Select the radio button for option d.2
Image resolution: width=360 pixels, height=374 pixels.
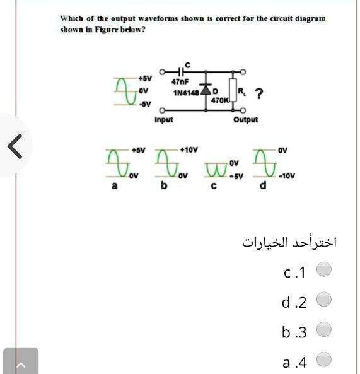tap(323, 300)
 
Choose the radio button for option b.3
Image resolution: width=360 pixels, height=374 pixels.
tap(323, 329)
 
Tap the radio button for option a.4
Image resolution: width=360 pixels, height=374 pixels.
tap(323, 359)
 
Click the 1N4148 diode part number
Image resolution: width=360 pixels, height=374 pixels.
tap(185, 93)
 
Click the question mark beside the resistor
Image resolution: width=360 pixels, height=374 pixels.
tap(258, 95)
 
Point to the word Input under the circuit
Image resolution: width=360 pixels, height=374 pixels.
tap(163, 119)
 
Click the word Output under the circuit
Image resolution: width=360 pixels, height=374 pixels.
tap(245, 119)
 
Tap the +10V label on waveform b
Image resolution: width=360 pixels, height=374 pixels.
tap(189, 150)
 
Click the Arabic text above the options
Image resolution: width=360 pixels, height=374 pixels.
tap(289, 242)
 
